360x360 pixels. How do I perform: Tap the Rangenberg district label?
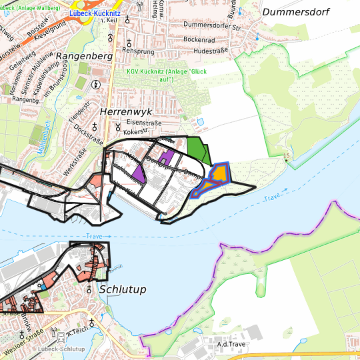[84, 56]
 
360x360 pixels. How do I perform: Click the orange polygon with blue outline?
[217, 175]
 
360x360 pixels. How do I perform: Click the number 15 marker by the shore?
[287, 156]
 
